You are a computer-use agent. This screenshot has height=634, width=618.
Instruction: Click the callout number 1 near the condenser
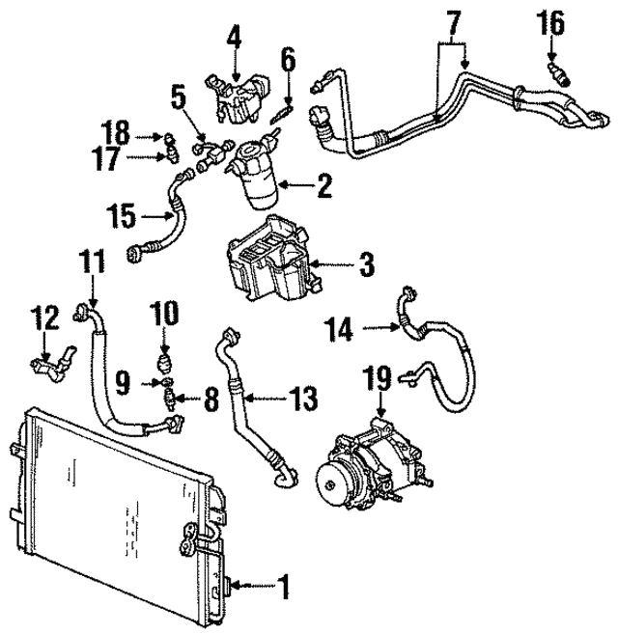click(284, 584)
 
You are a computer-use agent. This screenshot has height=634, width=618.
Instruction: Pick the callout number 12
click(43, 317)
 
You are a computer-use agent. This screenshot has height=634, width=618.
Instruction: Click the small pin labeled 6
click(280, 112)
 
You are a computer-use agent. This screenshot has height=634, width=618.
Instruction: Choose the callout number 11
click(92, 261)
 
